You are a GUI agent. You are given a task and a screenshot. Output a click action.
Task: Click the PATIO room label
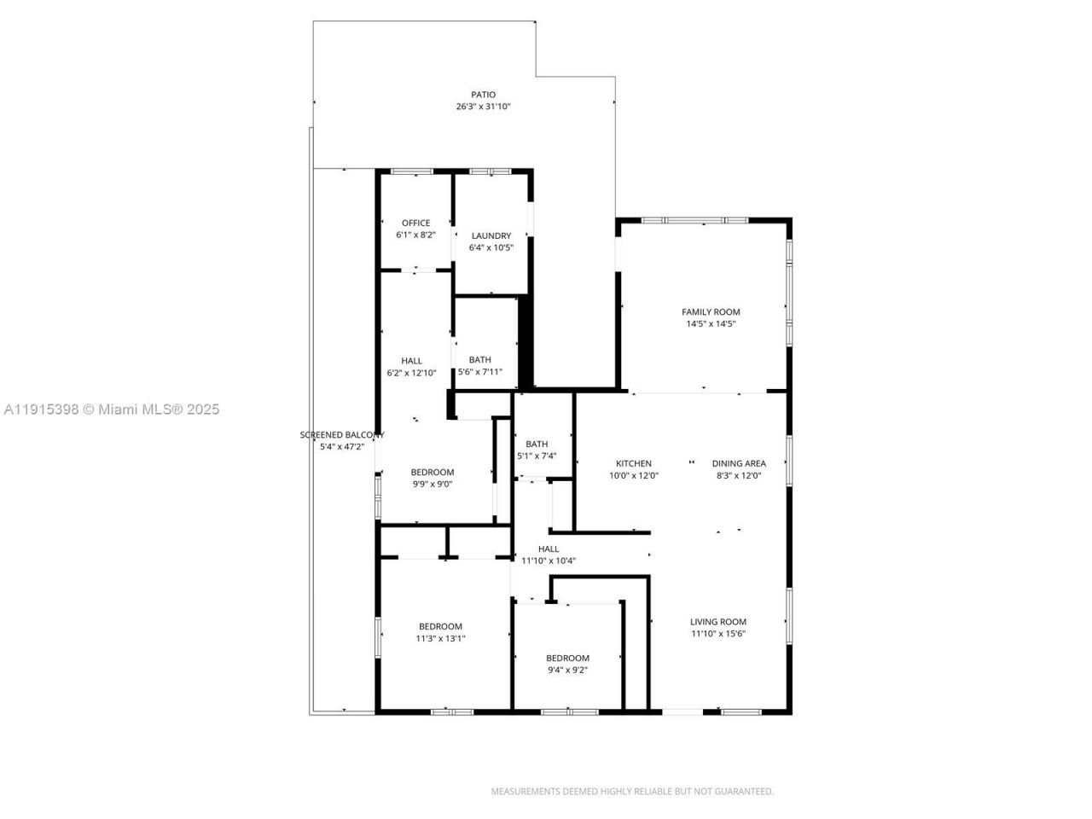point(483,95)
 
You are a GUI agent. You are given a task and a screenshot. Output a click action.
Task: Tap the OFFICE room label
point(415,224)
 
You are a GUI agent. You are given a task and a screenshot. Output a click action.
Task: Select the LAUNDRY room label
point(491,236)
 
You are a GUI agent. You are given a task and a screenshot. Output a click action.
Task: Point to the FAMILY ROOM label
point(711,312)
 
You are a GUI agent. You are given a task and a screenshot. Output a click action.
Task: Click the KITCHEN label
point(634,464)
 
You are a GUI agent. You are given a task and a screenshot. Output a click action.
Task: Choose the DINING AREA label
point(739,464)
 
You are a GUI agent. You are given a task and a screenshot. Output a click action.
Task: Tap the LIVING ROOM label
point(718,622)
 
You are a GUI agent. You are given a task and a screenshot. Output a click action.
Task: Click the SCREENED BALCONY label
point(341,435)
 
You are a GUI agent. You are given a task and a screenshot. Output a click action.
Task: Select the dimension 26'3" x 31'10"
point(483,107)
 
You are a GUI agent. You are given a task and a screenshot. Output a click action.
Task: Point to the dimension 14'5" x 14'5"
point(711,324)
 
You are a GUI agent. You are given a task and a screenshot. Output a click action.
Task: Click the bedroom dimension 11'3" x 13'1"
point(440,638)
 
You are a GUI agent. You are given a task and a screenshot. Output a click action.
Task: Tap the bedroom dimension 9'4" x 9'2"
point(567,670)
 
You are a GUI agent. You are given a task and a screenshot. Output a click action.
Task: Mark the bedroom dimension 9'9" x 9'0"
point(433,484)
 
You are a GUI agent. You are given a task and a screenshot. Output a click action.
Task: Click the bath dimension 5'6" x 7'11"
point(479,372)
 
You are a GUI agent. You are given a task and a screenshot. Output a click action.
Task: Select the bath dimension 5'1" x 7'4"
point(537,456)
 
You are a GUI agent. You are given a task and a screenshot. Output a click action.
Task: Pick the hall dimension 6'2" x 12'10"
point(411,373)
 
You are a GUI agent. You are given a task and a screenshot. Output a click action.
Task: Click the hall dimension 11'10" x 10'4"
point(549,561)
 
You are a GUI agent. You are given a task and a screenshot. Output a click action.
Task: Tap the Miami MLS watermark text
point(111,409)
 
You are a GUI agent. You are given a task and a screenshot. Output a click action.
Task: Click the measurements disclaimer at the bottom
point(632,792)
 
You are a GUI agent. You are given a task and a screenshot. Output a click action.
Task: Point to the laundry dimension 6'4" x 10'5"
point(491,248)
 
